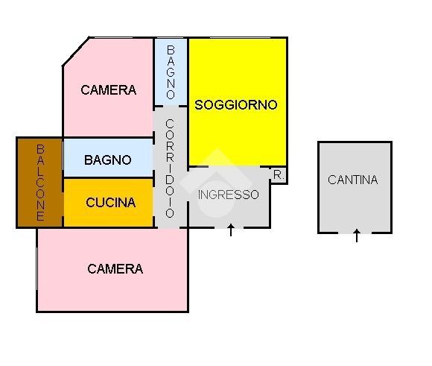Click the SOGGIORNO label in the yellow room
(236, 105)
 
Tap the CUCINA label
(111, 203)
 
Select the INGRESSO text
(229, 195)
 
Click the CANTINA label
(352, 180)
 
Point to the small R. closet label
(279, 175)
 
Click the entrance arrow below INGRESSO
(231, 230)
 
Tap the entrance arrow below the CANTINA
(357, 236)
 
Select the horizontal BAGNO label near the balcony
(108, 160)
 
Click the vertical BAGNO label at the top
(171, 72)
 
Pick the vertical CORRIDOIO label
(170, 168)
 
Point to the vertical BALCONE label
(40, 183)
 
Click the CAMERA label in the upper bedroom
(109, 90)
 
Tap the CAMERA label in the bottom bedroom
(115, 269)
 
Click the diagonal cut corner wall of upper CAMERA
(76, 51)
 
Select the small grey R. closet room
(279, 175)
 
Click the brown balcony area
(40, 183)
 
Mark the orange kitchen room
(109, 203)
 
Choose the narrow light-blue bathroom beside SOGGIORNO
(171, 72)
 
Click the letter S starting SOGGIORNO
(198, 105)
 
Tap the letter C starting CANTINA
(331, 180)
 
